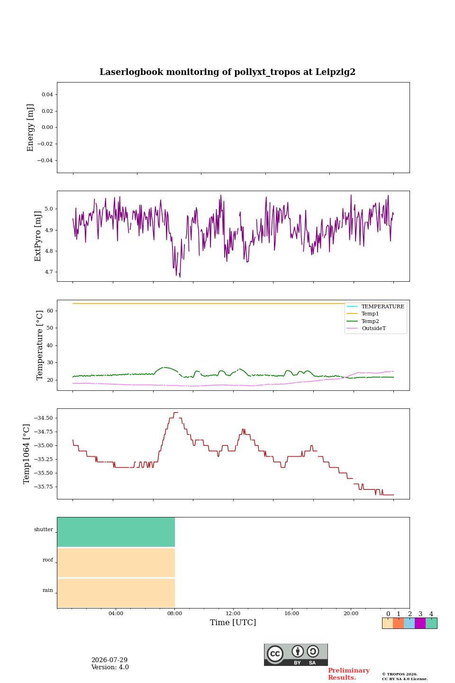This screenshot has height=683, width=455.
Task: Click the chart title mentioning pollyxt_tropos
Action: (x=227, y=72)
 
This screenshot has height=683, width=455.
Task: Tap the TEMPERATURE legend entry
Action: (x=375, y=306)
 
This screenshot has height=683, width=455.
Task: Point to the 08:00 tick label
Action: (x=174, y=613)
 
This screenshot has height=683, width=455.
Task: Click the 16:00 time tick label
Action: (x=291, y=613)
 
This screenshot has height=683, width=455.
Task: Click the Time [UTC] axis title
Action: (x=233, y=622)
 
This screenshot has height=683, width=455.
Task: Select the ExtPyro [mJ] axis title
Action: (x=38, y=236)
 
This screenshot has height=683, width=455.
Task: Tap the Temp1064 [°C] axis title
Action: (x=27, y=454)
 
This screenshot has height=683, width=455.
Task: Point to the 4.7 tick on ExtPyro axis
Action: (x=49, y=272)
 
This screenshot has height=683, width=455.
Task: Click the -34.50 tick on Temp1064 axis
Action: (x=43, y=418)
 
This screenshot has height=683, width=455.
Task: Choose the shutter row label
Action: (x=44, y=529)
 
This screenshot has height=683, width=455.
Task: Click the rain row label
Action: (x=47, y=590)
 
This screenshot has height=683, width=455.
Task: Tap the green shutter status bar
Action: (x=116, y=532)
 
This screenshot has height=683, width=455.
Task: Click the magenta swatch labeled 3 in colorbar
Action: (x=420, y=623)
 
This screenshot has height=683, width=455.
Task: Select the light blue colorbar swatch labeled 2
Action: (x=409, y=623)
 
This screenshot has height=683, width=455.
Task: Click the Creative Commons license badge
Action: (x=296, y=655)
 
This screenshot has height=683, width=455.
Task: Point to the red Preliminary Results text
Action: (x=349, y=674)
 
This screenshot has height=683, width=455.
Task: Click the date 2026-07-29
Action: (x=109, y=660)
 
